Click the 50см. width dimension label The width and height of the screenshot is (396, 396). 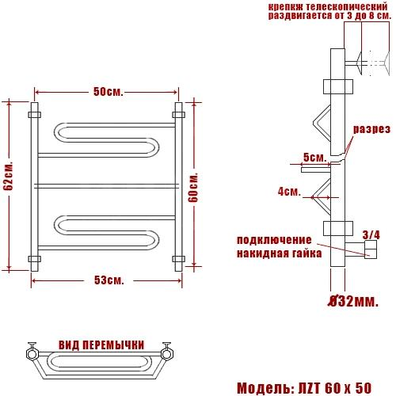(109, 92)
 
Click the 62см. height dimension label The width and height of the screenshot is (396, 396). (9, 175)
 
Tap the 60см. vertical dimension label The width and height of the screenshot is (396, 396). (193, 187)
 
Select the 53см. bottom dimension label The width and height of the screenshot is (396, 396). (109, 280)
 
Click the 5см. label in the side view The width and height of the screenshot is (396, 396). (315, 158)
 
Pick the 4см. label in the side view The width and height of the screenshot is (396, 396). (289, 192)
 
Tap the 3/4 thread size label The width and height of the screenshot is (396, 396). (371, 234)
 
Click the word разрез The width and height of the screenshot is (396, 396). (371, 129)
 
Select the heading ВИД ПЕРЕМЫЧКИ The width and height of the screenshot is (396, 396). (101, 345)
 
